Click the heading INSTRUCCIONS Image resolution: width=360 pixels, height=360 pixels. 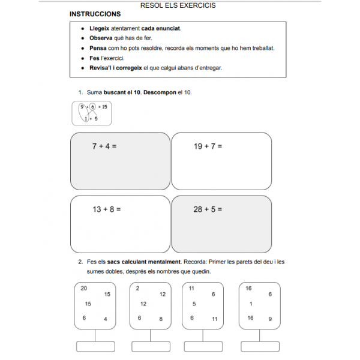tap(95, 14)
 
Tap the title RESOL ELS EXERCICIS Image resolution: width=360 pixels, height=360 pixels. tap(178, 5)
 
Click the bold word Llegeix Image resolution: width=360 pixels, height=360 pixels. tap(99, 28)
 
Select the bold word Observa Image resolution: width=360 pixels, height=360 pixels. tap(100, 38)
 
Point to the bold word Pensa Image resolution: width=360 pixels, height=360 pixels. tap(98, 48)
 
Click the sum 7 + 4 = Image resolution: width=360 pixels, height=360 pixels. tap(104, 146)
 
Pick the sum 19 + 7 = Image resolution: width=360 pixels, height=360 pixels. tap(208, 146)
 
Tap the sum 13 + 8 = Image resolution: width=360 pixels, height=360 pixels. tap(106, 209)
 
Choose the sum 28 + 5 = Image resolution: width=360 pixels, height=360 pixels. tap(208, 209)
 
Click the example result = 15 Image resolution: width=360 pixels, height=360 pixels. tap(102, 107)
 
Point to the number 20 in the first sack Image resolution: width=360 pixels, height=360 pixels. tap(83, 289)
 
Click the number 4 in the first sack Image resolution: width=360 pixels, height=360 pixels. tap(106, 319)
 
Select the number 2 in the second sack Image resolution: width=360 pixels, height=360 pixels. tap(137, 289)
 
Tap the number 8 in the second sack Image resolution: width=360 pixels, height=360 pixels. tap(161, 319)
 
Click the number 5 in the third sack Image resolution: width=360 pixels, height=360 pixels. tap(194, 304)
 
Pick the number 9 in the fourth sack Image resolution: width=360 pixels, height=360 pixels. tap(270, 319)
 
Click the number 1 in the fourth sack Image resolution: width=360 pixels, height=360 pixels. tap(250, 304)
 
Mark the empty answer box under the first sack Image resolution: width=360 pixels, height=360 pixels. tap(95, 346)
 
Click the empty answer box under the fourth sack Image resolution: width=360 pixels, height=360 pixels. tap(259, 346)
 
